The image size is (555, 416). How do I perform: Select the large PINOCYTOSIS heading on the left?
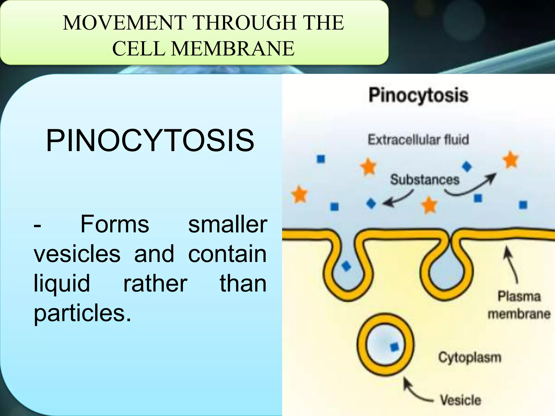coord(150,141)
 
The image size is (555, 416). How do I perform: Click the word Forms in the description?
coord(115,224)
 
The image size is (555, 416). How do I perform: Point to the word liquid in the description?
coord(62,284)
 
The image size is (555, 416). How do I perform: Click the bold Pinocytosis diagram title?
coord(418,95)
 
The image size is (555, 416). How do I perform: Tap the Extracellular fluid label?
coord(418,140)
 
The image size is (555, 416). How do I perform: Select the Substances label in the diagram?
coord(425,180)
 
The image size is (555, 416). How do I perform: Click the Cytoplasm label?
coord(470,357)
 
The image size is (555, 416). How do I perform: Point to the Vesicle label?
coord(460,400)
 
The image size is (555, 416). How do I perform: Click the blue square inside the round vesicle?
coord(395,347)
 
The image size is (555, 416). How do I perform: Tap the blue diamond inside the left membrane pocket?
coord(346,266)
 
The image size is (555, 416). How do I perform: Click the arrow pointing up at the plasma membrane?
coord(511,265)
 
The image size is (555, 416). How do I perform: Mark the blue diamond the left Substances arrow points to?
coord(371,203)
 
